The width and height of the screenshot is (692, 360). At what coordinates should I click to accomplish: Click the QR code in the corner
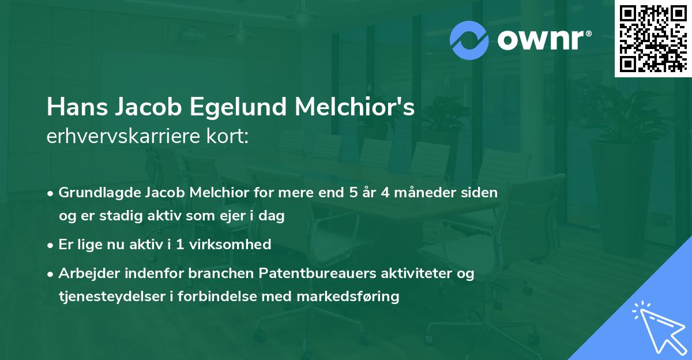coord(653,39)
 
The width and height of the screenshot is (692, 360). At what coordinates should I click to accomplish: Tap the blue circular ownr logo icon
coord(470,39)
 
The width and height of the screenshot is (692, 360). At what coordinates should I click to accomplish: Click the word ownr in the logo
coord(543,40)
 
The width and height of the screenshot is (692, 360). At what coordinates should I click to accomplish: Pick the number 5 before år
coord(353,193)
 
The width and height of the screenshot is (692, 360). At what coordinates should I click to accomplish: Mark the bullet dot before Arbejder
coord(51,274)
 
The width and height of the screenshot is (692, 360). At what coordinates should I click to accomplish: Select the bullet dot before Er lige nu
coord(51,245)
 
